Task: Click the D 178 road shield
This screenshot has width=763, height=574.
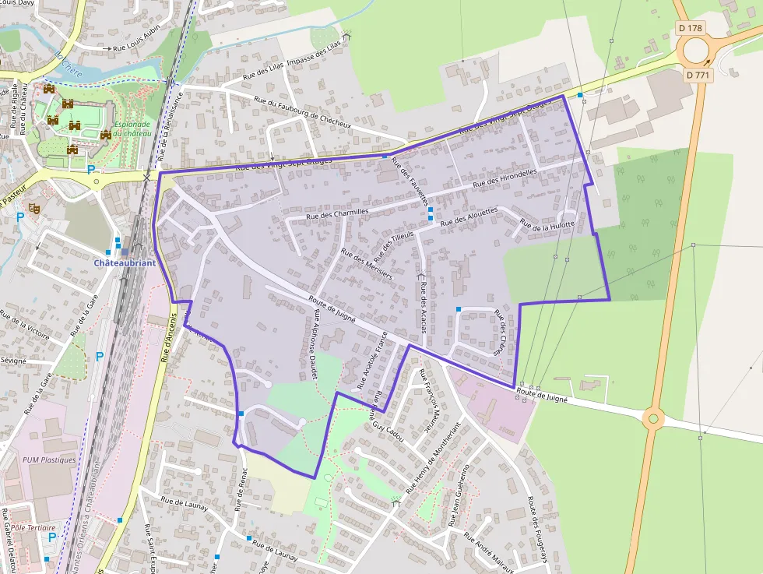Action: coord(691,28)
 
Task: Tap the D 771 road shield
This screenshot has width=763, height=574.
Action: coord(698,76)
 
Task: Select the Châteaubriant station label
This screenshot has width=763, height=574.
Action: coord(125,262)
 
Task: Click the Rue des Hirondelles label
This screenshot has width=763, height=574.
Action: coord(505,178)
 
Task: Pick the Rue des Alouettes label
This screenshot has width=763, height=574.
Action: coord(469,217)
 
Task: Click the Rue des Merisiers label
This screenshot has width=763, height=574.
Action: coord(367,263)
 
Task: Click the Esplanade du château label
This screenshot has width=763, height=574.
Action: coord(132,129)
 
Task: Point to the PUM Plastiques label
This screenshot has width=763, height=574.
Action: coord(50,460)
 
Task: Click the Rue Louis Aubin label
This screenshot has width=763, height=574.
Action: coord(136,48)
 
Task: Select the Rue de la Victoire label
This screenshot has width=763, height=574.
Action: coord(25,327)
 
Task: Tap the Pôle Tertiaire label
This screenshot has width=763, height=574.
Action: coord(30,527)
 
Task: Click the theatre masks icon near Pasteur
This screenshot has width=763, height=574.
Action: coord(33,208)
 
